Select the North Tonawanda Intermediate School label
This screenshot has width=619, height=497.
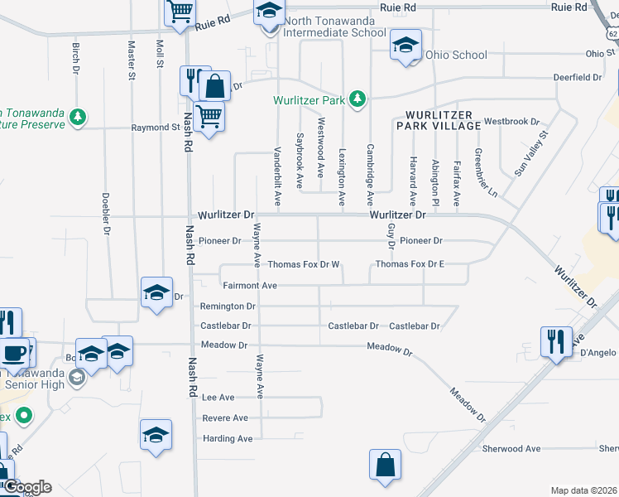coord(334,27)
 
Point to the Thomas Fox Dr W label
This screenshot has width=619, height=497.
coord(304,264)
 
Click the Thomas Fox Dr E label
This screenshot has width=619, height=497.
coord(410,264)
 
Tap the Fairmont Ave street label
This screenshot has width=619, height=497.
coord(249,285)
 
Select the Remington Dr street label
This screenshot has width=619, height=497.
coord(228,306)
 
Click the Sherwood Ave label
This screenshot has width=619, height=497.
coord(511,449)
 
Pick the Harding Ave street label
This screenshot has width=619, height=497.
coord(228,438)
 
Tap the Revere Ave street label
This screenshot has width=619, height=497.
coord(225,418)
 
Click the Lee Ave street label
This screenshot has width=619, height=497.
coord(218,398)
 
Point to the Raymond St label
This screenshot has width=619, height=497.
coord(156,128)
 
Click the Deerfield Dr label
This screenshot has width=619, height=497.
coord(578,77)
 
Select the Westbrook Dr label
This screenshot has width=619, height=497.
coord(511,121)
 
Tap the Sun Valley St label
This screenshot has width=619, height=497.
coord(531,152)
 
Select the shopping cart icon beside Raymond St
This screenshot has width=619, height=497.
coord(210,117)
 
